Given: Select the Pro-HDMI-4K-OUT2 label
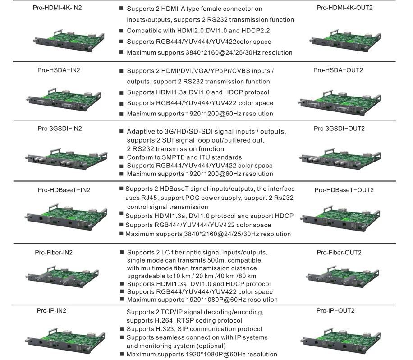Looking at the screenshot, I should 344,8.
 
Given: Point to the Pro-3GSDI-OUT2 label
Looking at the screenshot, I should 339,129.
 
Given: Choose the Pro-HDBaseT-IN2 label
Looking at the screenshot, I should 64,189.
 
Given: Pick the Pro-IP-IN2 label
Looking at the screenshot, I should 55,311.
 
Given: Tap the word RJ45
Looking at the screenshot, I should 148,198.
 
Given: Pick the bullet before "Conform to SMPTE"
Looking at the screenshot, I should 122,157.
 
